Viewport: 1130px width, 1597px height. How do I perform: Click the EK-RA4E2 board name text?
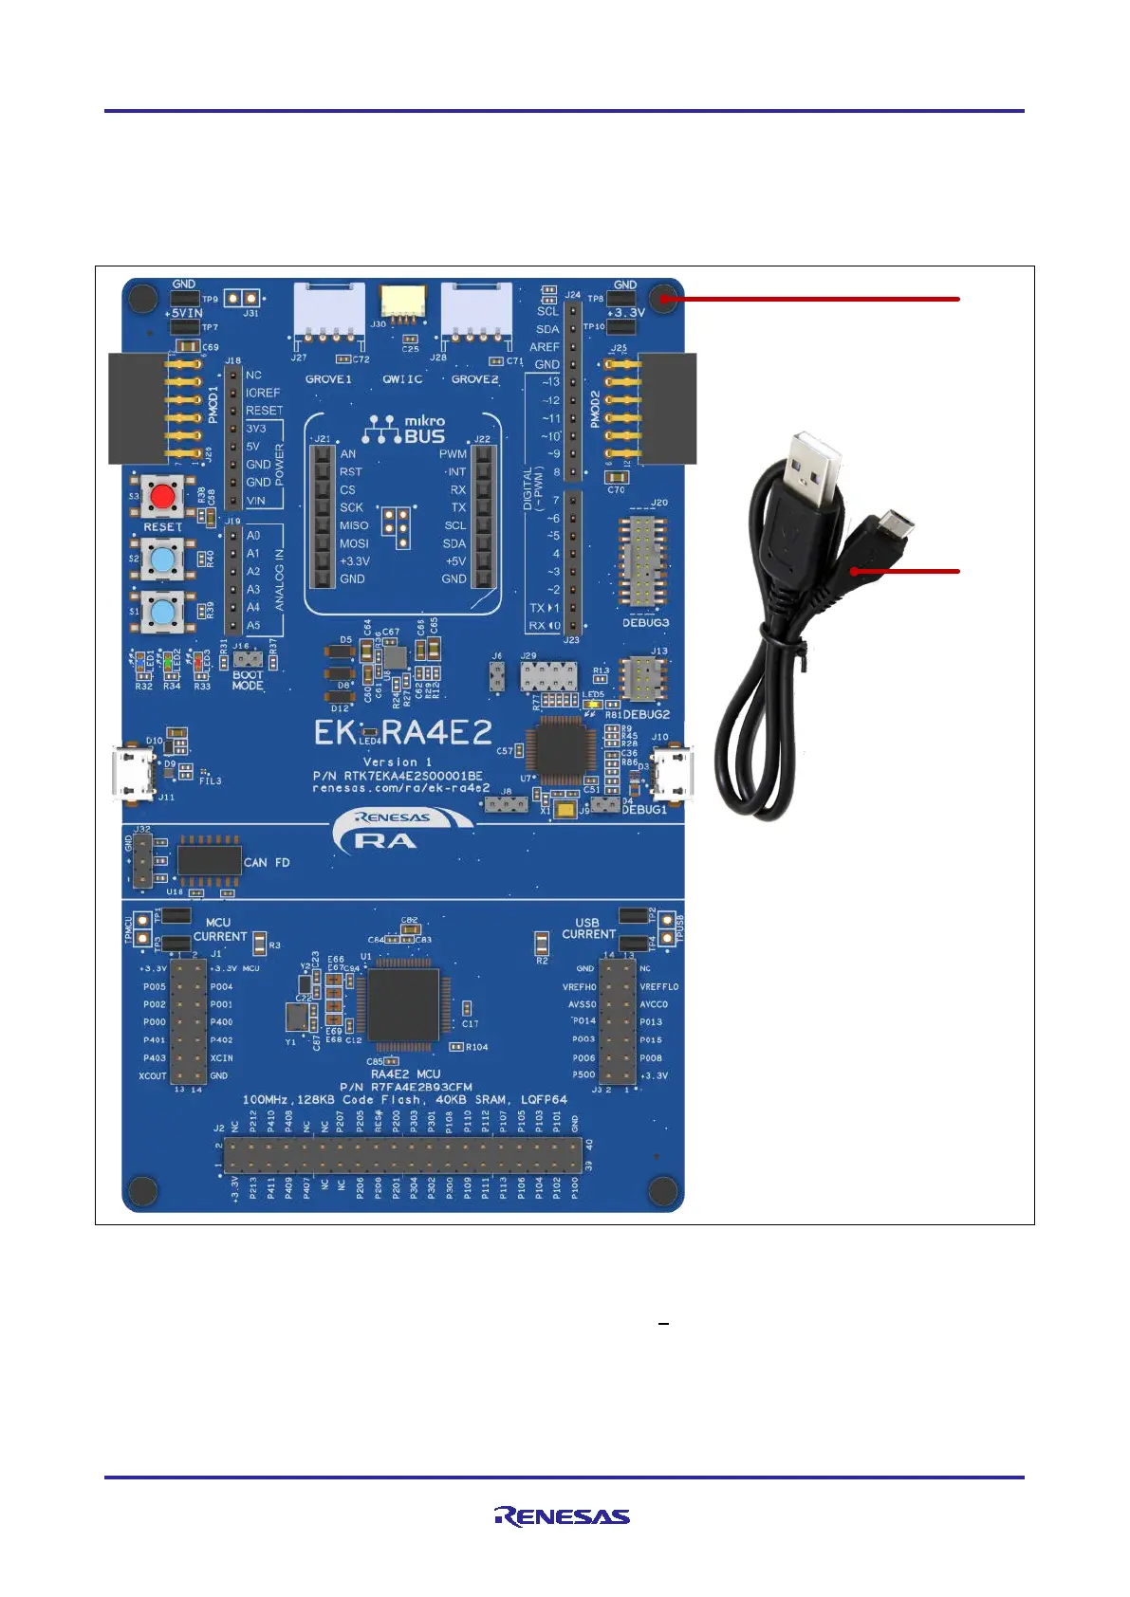(403, 732)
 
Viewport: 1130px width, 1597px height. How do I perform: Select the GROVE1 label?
(328, 379)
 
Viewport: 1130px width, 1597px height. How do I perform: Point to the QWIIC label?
(402, 379)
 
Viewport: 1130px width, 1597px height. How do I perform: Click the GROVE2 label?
(474, 379)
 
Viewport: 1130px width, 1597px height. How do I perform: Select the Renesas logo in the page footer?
(562, 1516)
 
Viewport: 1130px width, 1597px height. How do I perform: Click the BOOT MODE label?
(248, 680)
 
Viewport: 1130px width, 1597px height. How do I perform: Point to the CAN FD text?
(267, 862)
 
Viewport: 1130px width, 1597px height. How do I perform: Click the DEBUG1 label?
(644, 810)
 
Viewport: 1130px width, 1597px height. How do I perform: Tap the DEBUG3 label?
(645, 623)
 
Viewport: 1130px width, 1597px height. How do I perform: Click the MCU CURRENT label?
(219, 929)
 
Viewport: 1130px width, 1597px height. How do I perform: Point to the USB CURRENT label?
(588, 928)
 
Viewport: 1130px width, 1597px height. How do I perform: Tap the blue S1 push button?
(163, 610)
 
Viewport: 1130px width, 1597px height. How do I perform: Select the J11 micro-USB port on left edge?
(132, 773)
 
